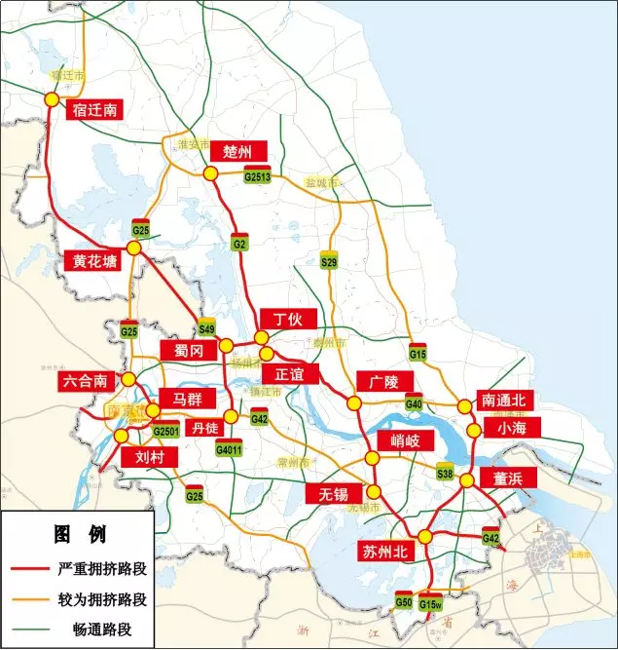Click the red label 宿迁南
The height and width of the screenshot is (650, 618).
coord(94,109)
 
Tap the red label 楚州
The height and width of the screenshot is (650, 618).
coord(237,152)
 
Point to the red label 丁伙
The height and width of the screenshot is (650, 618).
coord(288,320)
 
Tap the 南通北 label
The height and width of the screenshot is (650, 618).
coord(503,400)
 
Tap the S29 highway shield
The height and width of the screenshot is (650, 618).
coord(329,261)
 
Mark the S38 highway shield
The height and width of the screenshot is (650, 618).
coord(446,473)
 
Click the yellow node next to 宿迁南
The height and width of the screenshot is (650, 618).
coord(51,99)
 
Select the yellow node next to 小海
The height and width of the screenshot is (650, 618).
coord(474,430)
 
